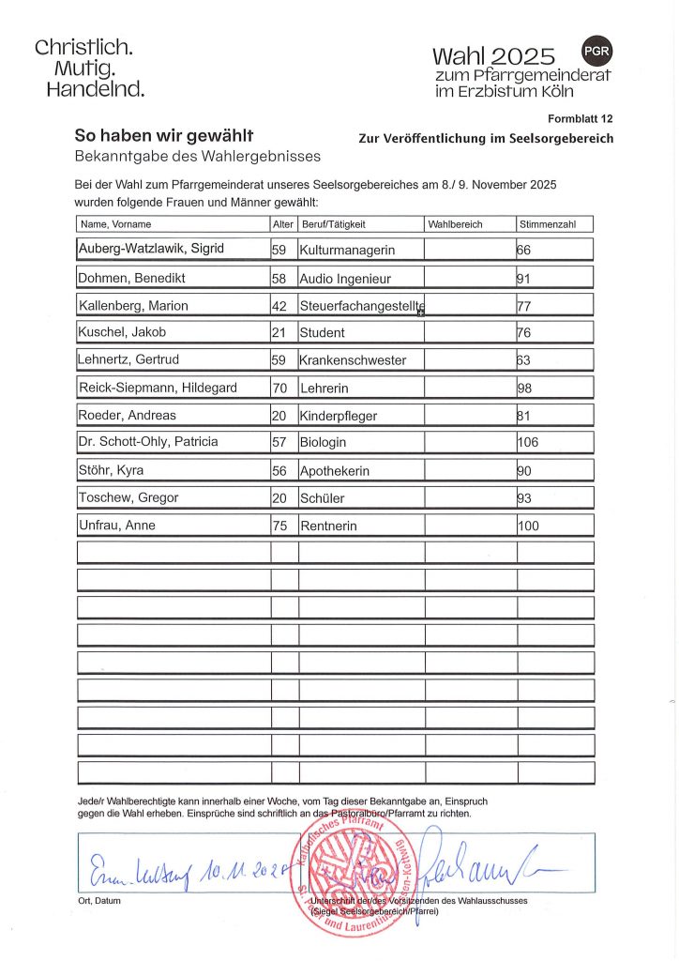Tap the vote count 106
coord(529,442)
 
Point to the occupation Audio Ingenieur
coord(345,279)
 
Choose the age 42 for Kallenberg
coord(279,306)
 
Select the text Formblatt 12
coord(580,118)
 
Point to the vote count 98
coord(525,388)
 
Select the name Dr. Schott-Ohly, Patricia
coord(148,442)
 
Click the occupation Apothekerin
coord(335,470)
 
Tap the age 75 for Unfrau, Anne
coord(279,526)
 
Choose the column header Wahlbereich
coord(456,224)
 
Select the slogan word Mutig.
coord(85,69)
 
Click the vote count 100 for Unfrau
coord(529,526)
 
